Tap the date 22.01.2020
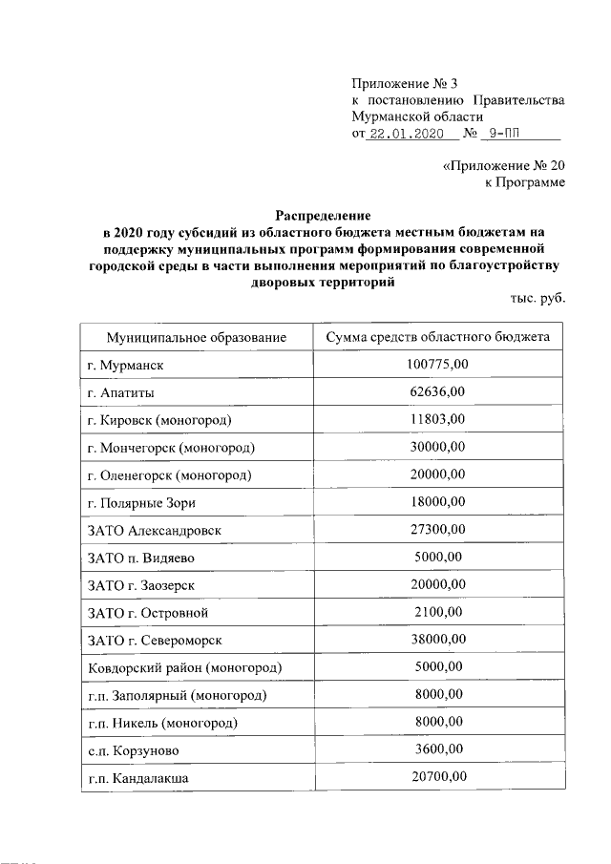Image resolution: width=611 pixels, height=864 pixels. pyautogui.click(x=400, y=135)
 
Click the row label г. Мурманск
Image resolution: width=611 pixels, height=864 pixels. pyautogui.click(x=128, y=366)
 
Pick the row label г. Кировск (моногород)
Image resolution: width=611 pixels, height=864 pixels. pyautogui.click(x=172, y=420)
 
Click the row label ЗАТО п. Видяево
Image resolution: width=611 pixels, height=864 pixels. pyautogui.click(x=142, y=558)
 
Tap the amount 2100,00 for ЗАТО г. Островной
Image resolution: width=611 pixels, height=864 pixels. pyautogui.click(x=436, y=612)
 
